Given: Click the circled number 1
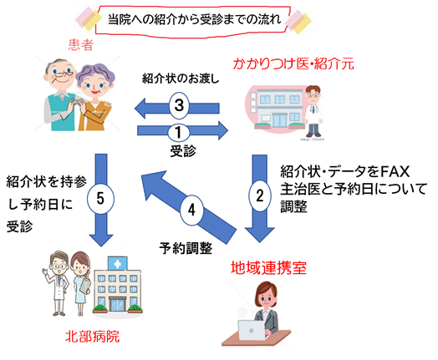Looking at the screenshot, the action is coord(179,132).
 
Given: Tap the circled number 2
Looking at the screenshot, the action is coord(260,195).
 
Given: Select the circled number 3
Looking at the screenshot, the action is coord(179,105).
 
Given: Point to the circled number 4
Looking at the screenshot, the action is coord(191,210).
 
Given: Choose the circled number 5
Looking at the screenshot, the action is coord(100,199).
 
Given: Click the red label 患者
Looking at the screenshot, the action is coord(81,44).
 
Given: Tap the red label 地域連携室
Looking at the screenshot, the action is coord(268,268).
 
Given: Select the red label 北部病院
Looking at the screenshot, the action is coord(92,337).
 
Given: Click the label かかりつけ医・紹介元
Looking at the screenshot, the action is coord(293,63).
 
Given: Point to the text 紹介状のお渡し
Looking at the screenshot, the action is coord(181,79).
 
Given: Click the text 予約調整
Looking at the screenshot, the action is coord(186,248).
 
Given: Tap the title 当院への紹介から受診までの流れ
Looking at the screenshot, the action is coord(195,19).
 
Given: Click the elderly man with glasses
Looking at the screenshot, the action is coord(59,95).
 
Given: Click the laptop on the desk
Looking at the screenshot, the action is coord(252,330).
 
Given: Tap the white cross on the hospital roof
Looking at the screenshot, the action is coord(118,264).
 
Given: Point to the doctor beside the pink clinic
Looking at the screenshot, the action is coord(313,111).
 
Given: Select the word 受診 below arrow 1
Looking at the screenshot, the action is coord(183,151).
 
